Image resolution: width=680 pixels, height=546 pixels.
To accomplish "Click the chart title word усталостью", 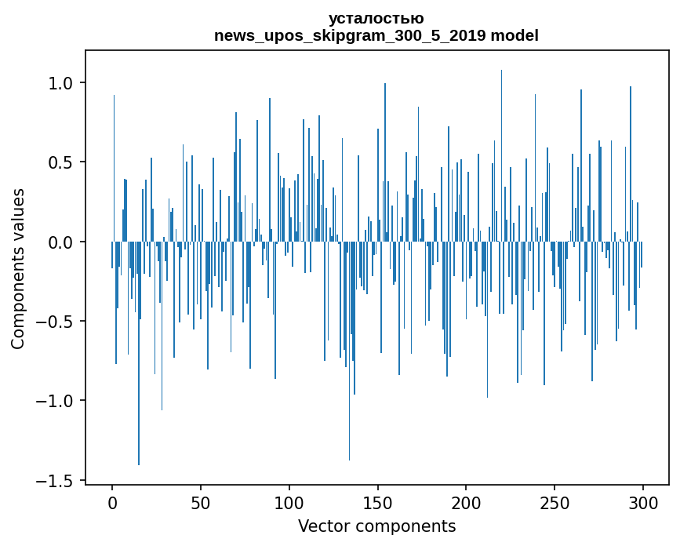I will tap(376, 18).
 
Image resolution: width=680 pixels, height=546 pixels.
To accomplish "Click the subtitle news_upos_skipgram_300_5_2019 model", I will tap(376, 35).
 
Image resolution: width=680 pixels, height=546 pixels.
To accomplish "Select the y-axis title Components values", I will tap(18, 268).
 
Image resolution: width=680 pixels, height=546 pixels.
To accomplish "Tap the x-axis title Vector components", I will tap(376, 526).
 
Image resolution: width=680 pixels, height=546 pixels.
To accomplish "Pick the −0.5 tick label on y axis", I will tap(57, 322).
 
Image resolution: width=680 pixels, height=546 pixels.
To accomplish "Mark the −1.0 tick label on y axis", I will tap(57, 401).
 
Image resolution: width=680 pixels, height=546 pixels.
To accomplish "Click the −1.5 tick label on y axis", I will tap(57, 480).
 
